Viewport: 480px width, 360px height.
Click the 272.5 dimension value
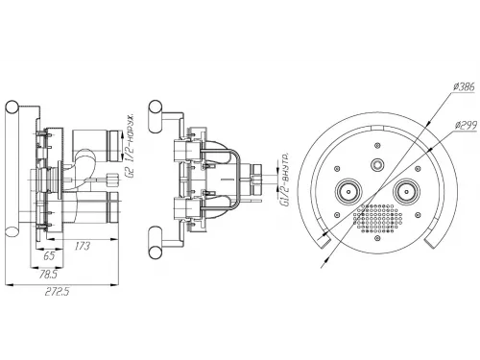coord(57,292)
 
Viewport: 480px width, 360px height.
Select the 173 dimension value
coord(83,246)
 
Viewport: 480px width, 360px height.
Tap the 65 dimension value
coord(48,256)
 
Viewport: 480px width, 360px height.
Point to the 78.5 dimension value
coord(48,275)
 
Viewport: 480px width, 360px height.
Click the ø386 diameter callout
coord(465,86)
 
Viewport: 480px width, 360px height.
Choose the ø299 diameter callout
coord(466,125)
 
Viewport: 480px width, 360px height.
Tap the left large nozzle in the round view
coord(348,191)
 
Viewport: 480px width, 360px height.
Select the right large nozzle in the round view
coord(406,191)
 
